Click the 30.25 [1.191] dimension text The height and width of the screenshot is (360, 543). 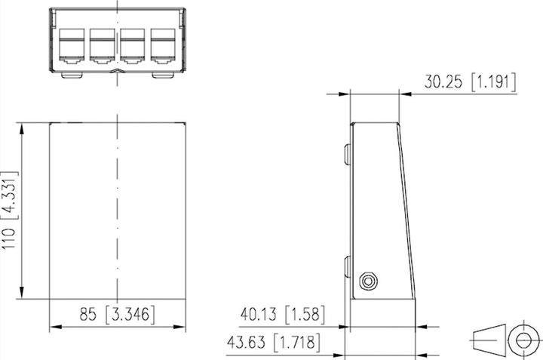470,82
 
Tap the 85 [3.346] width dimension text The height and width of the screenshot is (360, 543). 117,313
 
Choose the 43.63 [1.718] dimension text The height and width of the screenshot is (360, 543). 274,342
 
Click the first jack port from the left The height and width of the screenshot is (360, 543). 71,45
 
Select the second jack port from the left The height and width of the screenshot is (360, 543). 102,45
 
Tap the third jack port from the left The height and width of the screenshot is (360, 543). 133,45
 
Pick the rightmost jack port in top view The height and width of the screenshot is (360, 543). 163,45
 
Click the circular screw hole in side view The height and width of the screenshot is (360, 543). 368,282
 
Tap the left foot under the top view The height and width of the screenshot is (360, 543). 71,75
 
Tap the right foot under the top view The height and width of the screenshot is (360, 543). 161,75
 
